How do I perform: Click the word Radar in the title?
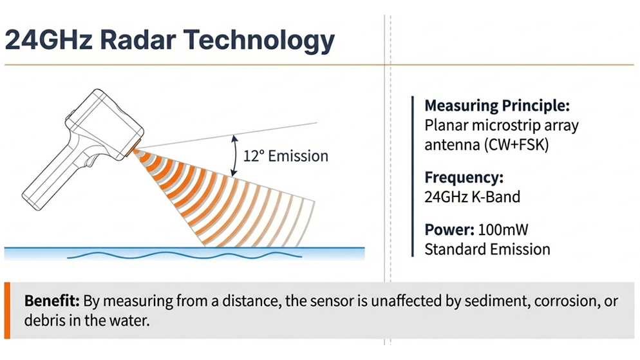tap(138, 39)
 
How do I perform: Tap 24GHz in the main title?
tap(48, 39)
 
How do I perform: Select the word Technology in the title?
tap(259, 41)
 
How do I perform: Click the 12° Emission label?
tap(286, 156)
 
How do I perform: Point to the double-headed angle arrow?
tap(234, 155)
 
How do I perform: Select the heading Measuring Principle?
tap(496, 106)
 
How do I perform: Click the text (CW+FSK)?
tap(517, 145)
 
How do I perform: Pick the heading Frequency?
tap(464, 178)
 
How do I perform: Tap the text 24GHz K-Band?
tap(472, 196)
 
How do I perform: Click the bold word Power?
tap(449, 230)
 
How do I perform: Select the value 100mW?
tap(503, 230)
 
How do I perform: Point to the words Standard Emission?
tap(487, 249)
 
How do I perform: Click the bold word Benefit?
tap(52, 301)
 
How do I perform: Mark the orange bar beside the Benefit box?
tap(7, 310)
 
